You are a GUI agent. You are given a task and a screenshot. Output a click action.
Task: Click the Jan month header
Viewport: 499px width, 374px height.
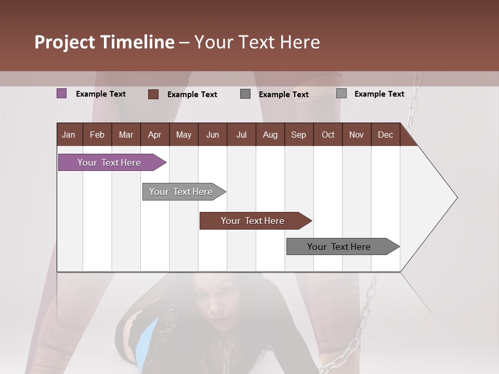pos(69,135)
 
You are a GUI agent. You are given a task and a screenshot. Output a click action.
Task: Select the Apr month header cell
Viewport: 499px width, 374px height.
pos(154,135)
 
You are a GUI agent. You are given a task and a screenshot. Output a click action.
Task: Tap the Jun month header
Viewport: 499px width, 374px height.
pos(212,135)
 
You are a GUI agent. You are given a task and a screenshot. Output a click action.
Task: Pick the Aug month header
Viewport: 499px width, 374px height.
pos(270,135)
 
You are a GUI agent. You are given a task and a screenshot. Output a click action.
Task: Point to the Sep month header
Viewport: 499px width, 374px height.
pos(298,135)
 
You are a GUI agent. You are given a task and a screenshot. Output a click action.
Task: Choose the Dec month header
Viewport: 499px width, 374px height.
pos(385,135)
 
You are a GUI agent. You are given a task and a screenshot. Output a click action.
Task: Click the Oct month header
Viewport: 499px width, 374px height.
pos(328,135)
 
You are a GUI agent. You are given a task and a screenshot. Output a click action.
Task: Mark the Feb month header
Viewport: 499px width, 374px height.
pos(97,135)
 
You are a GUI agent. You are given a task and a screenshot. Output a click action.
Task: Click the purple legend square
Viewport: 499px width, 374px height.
pos(61,94)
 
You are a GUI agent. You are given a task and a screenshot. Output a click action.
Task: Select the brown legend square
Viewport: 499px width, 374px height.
pos(153,94)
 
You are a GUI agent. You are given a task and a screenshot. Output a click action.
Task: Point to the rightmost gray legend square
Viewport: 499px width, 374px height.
pos(342,94)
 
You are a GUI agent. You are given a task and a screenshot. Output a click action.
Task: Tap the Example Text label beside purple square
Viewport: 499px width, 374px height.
pos(101,94)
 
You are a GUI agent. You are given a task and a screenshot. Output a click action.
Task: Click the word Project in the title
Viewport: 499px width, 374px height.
pos(65,42)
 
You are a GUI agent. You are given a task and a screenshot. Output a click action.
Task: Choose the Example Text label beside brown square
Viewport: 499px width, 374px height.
pos(192,95)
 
